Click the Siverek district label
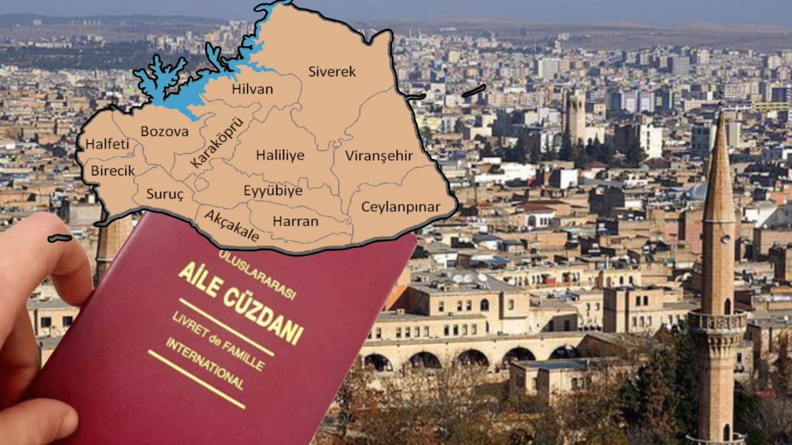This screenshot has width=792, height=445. pos(332,72)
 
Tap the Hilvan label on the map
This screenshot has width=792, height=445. pos(253,90)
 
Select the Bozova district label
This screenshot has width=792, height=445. pos(164,131)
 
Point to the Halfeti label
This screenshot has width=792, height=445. pos(107,144)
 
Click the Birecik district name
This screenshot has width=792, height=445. pos(112,171)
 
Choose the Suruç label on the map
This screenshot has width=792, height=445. pos(165,194)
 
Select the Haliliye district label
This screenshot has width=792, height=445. pos(280,156)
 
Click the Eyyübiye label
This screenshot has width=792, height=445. pos(273,191)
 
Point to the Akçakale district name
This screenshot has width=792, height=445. pos(231,226)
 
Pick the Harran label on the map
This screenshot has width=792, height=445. pos(295,221)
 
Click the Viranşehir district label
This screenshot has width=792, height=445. pos(379,156)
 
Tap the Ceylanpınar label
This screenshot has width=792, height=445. pos(400,207)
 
